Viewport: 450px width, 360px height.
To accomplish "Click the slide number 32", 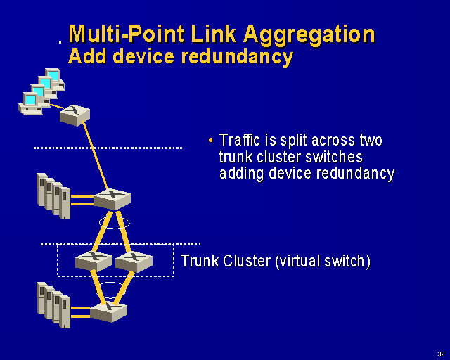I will tap(440, 353).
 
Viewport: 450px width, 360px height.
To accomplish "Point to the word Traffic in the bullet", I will tap(241, 140).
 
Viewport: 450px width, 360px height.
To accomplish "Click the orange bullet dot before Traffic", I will tap(210, 139).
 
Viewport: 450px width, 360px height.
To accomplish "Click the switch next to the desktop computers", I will tap(75, 114).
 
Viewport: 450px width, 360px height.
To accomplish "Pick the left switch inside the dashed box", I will tap(93, 261).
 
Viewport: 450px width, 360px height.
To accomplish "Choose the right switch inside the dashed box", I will tap(134, 261).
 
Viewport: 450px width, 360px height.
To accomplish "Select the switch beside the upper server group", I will tap(112, 198).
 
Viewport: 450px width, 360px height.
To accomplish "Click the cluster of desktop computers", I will tap(41, 91).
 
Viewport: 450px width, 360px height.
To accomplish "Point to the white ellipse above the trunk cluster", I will tap(114, 223).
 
